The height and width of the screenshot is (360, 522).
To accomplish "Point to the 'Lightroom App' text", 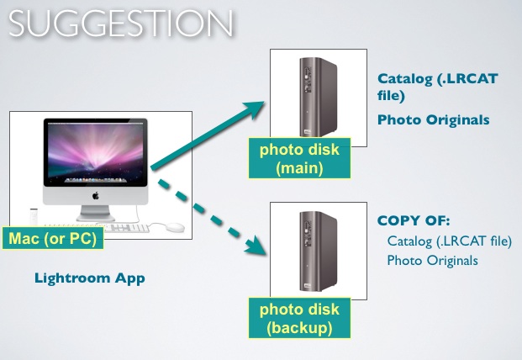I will click(x=90, y=277).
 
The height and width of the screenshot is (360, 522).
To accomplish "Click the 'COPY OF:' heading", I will click(x=414, y=221).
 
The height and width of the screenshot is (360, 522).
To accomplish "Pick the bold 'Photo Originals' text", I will click(x=432, y=119).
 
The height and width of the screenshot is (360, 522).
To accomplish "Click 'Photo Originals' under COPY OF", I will click(x=432, y=261).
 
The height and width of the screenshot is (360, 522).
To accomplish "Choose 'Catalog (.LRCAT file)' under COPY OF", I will click(x=449, y=242).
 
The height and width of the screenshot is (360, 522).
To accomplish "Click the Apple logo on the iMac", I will click(x=96, y=195).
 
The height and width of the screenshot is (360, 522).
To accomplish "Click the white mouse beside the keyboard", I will click(x=173, y=227).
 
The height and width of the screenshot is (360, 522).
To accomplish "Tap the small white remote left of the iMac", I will click(x=30, y=214).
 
